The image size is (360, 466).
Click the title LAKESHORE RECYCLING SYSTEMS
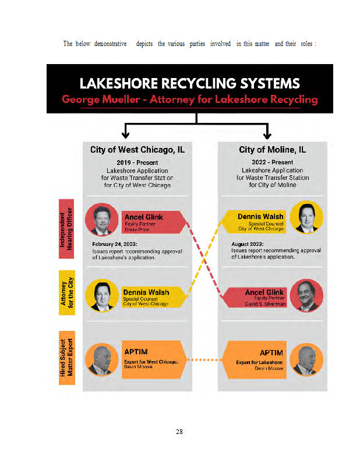tap(189, 83)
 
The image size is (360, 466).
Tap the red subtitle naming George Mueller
tap(189, 99)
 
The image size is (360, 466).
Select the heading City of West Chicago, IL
tap(137, 150)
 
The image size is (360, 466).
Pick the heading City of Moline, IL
tap(272, 150)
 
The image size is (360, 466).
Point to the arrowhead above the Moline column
tap(267, 134)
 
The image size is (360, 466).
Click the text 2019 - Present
tap(137, 163)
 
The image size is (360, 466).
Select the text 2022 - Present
tap(272, 163)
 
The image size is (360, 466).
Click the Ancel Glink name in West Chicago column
tap(144, 217)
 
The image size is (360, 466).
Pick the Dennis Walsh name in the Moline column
tap(260, 217)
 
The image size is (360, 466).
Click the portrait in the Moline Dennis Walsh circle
tap(306, 217)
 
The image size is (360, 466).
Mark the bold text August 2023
tap(248, 244)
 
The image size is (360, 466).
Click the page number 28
tap(179, 432)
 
